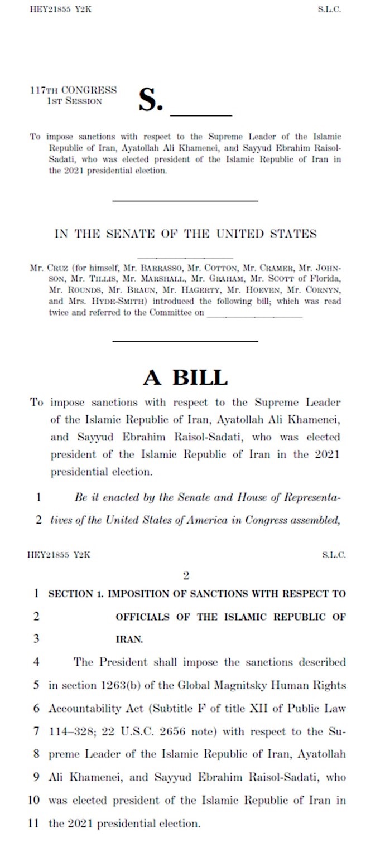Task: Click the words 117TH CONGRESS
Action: [73, 90]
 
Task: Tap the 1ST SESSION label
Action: [75, 101]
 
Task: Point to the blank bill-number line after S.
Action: [200, 114]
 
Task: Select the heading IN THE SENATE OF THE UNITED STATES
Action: [185, 234]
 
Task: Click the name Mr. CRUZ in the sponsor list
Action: [44, 268]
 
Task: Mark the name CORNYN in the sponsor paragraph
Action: [323, 290]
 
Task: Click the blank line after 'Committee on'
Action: [254, 315]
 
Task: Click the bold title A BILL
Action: [185, 377]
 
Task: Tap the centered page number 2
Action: [186, 576]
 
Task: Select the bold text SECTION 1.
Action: [75, 594]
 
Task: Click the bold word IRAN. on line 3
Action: [129, 639]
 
